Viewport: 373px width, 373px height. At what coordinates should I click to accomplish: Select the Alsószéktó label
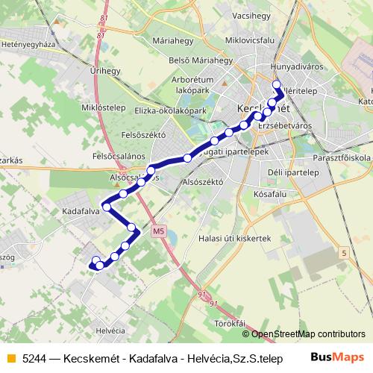tap(203, 181)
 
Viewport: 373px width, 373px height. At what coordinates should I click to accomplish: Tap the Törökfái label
tap(231, 322)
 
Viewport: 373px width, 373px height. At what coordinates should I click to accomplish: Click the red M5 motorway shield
tap(158, 231)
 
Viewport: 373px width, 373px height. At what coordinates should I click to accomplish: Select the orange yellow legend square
tap(10, 359)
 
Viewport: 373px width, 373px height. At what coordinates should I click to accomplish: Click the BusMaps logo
tap(337, 358)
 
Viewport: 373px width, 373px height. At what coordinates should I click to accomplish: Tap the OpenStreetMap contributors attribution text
tap(306, 334)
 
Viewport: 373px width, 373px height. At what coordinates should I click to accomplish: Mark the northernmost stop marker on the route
tap(277, 84)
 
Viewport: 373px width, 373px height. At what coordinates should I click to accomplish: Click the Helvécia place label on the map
tap(110, 330)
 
